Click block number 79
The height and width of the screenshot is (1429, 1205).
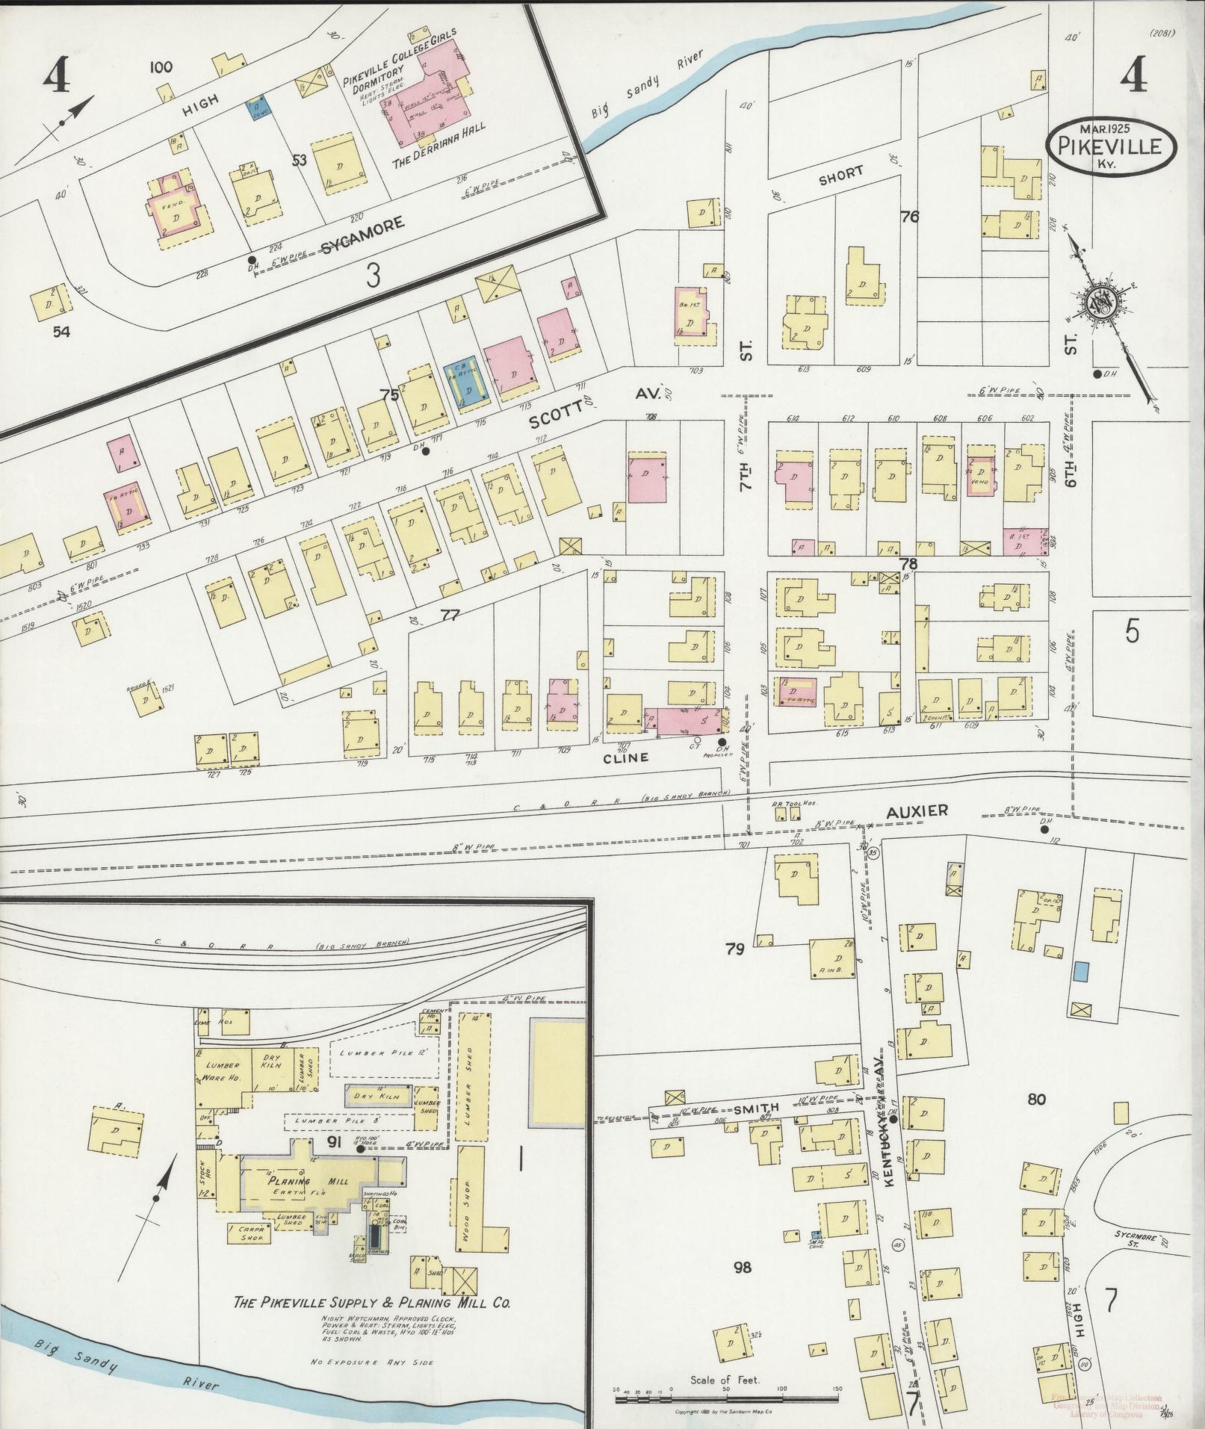[x=735, y=949]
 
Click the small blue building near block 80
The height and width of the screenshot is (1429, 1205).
[x=1080, y=972]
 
